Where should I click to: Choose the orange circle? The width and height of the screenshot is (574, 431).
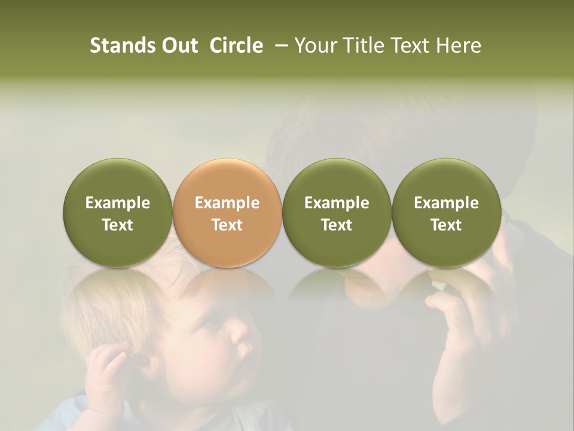click(227, 213)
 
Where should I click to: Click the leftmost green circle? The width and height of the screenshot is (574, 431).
click(118, 213)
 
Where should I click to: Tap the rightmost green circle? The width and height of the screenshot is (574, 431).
click(446, 213)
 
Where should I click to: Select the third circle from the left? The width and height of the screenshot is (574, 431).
click(337, 213)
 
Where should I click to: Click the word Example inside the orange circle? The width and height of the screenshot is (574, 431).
click(227, 203)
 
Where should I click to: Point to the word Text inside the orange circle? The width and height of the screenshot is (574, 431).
click(227, 225)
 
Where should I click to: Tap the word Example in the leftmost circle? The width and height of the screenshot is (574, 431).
click(118, 203)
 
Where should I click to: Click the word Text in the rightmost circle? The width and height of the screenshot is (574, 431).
click(446, 225)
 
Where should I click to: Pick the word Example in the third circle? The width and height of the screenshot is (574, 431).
click(337, 203)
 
